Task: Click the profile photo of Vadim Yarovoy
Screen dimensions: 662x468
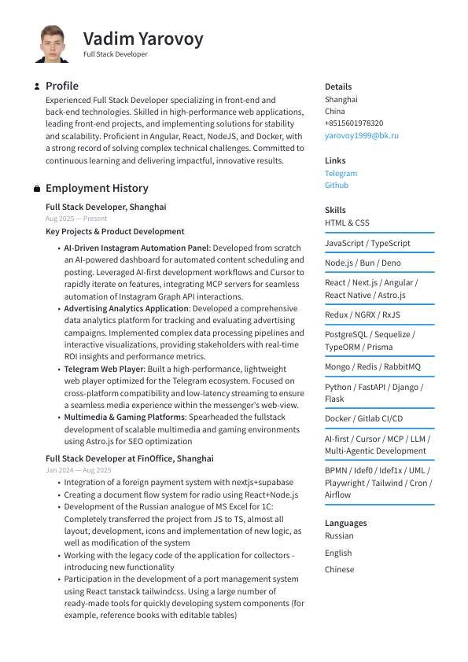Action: (x=53, y=44)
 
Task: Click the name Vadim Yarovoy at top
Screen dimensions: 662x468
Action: (x=143, y=39)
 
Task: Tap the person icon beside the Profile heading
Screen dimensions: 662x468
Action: (x=37, y=86)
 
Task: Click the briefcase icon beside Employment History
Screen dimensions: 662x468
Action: (x=37, y=189)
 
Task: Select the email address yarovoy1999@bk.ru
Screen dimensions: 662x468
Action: (x=362, y=135)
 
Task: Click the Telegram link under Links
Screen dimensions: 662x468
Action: (x=341, y=173)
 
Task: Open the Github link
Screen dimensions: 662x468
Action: (x=337, y=186)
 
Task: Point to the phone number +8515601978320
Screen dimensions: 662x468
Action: (x=354, y=123)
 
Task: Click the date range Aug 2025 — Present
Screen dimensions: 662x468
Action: (x=76, y=219)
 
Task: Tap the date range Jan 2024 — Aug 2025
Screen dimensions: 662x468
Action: (x=78, y=470)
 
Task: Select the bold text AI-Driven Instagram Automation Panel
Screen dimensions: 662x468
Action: (x=136, y=248)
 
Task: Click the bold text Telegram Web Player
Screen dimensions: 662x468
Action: (x=104, y=369)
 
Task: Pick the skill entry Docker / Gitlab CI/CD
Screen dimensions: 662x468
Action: (x=363, y=419)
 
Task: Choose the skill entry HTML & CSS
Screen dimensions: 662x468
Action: (x=347, y=223)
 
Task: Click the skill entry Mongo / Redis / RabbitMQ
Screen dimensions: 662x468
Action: (x=372, y=367)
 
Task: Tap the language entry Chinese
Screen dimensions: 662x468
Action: (x=339, y=569)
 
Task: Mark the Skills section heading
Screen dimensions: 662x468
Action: (x=335, y=210)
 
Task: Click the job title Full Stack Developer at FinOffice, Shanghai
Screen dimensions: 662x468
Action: (x=129, y=458)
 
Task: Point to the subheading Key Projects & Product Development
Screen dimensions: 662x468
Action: (x=115, y=232)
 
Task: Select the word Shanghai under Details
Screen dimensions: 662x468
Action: (x=341, y=100)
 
